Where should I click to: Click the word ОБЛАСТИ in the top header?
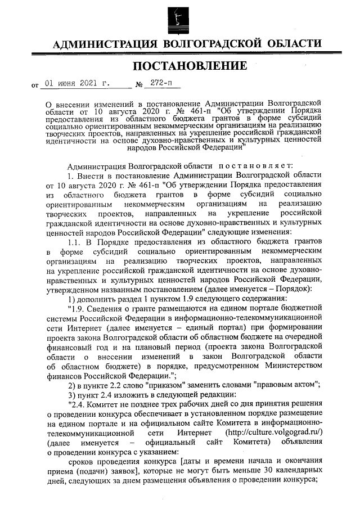[293, 43]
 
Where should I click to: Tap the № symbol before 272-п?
[138, 85]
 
